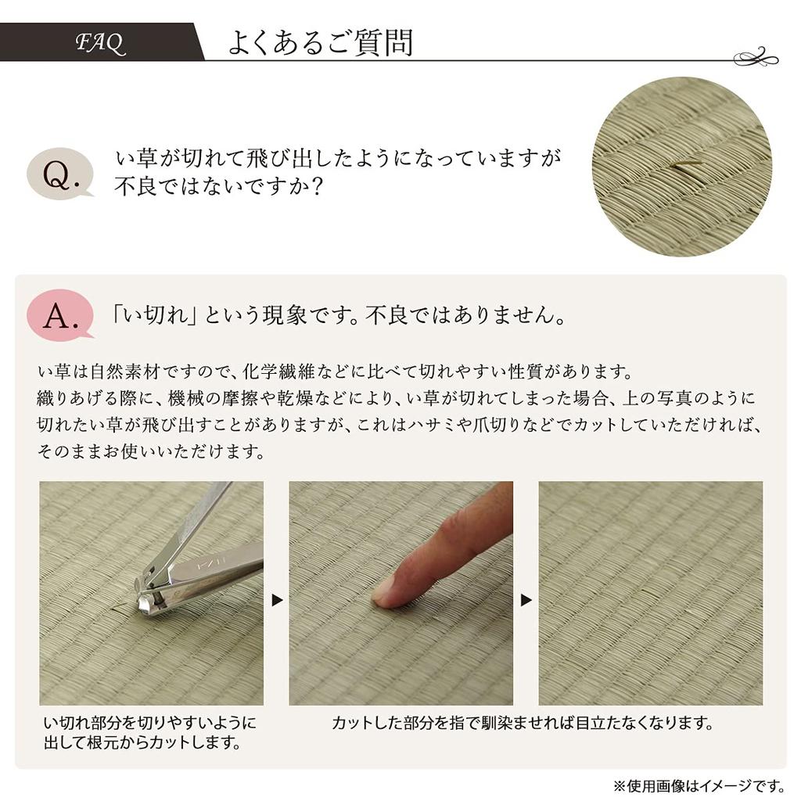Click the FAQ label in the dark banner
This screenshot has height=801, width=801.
click(x=100, y=43)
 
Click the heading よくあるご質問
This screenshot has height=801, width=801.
click(x=320, y=43)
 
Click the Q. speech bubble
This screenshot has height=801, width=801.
click(x=59, y=174)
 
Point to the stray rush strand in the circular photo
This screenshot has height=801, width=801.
click(x=687, y=163)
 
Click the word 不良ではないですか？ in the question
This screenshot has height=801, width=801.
click(x=219, y=189)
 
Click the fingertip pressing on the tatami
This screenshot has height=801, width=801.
click(x=386, y=592)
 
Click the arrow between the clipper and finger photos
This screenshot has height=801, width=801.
click(x=276, y=601)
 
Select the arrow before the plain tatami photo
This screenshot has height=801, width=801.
click(x=526, y=601)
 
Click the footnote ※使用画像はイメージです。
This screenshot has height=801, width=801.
click(x=699, y=785)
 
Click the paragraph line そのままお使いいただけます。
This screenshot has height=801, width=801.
click(x=151, y=452)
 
